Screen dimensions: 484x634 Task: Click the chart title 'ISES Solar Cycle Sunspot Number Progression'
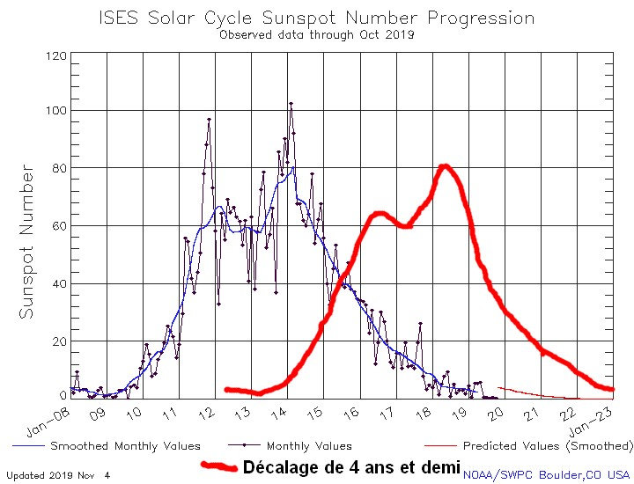tap(316, 17)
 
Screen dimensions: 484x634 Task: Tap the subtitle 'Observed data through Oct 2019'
tap(316, 35)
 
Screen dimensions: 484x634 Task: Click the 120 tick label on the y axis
tap(55, 55)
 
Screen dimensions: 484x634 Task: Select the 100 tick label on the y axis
tap(55, 111)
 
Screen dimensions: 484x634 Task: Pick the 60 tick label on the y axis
tap(58, 226)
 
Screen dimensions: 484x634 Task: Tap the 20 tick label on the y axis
tap(58, 341)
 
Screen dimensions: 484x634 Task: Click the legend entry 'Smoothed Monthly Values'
tap(125, 446)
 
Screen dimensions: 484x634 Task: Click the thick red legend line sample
tap(218, 466)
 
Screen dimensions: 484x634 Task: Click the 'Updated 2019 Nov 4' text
tap(58, 475)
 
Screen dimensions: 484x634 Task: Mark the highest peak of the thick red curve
tap(445, 165)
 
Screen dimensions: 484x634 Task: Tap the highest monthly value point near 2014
tap(291, 104)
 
